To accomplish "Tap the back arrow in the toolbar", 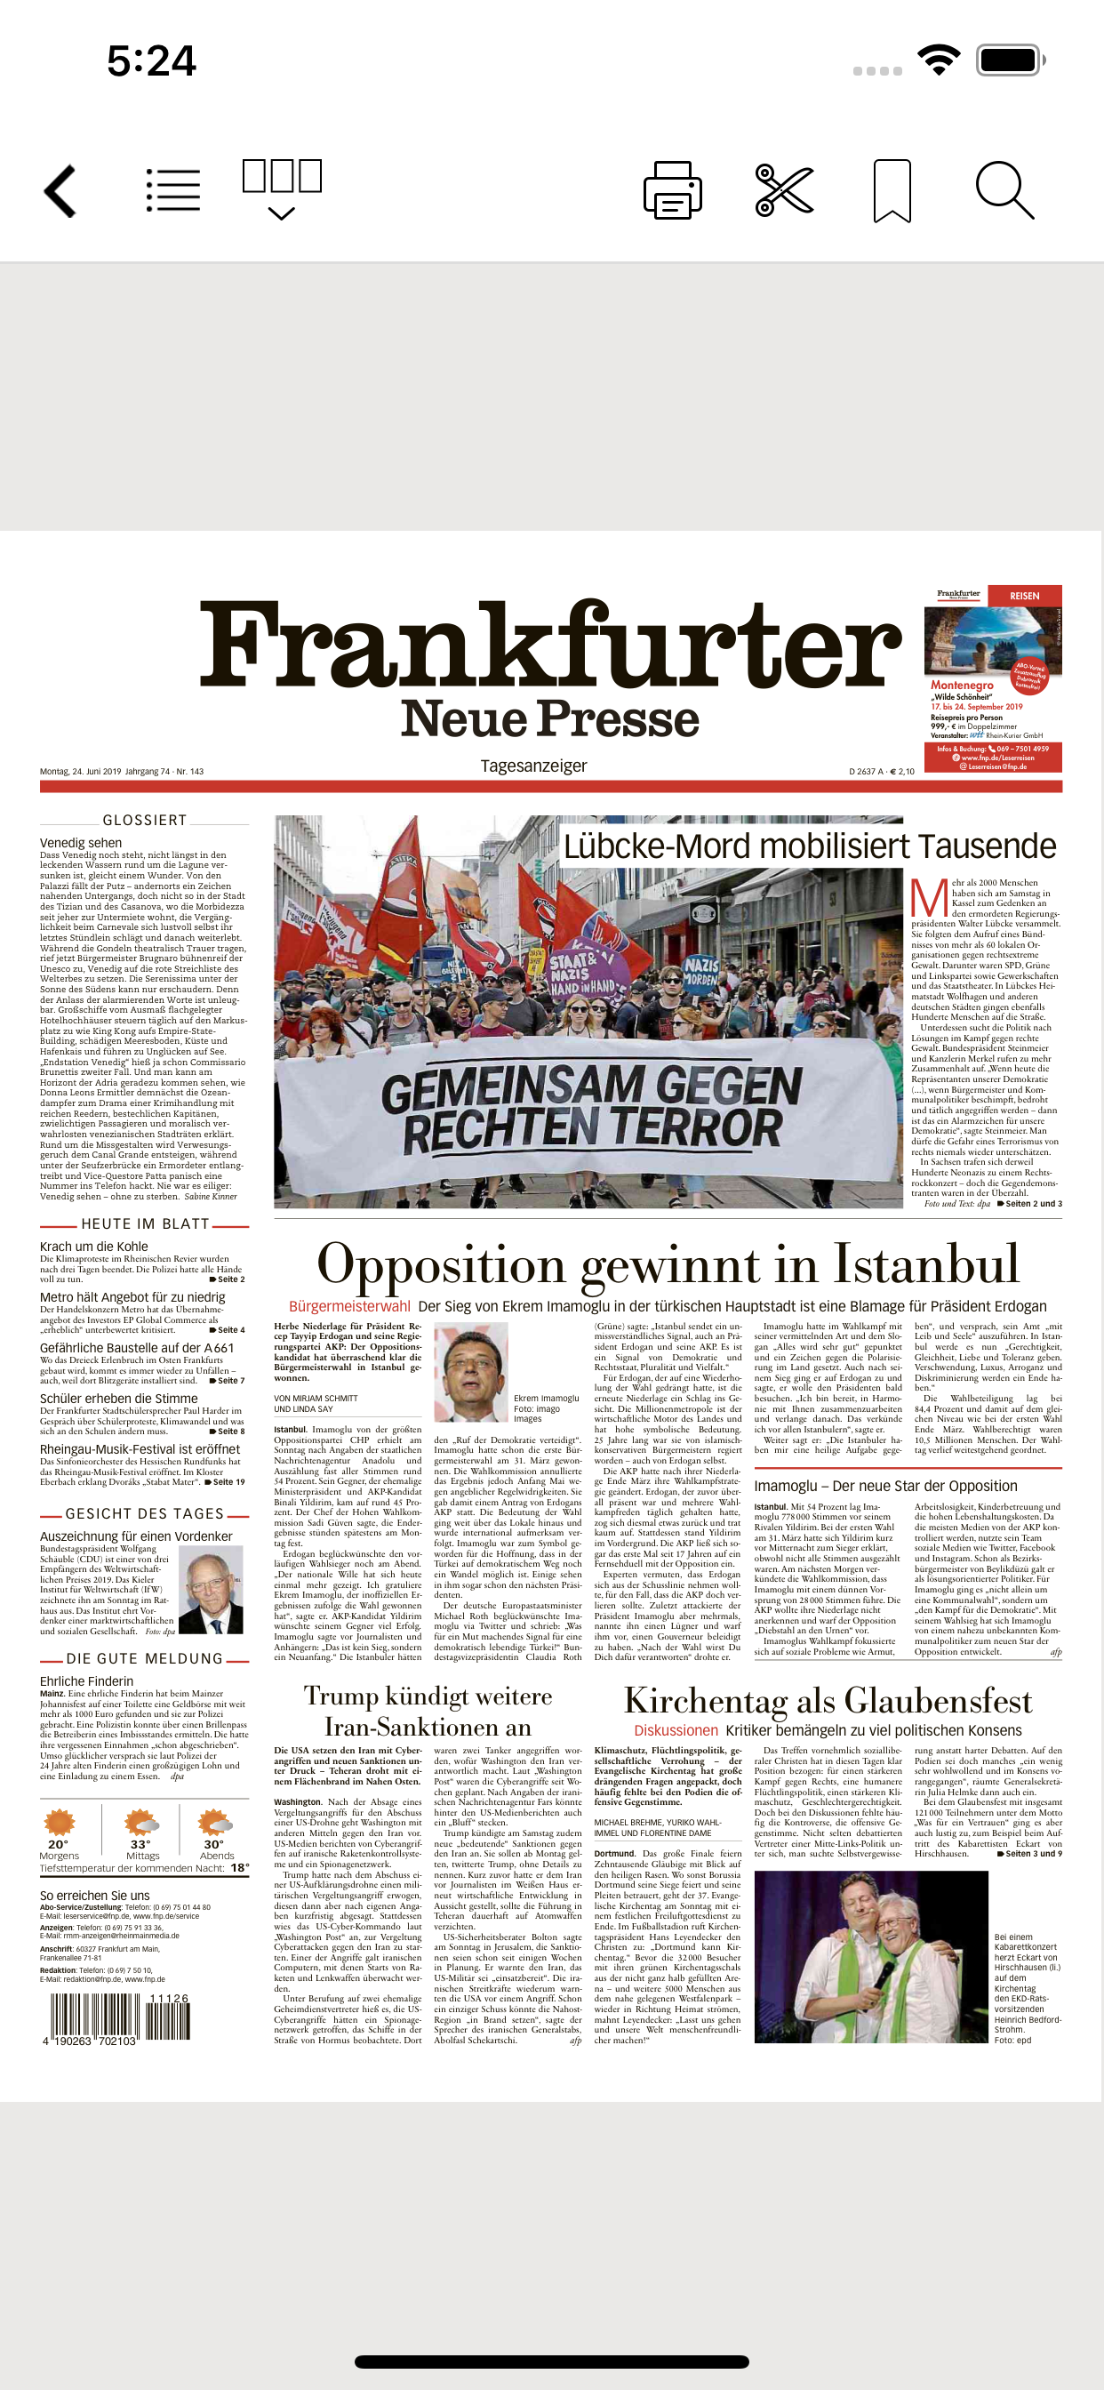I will click(60, 191).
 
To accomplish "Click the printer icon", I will click(673, 190).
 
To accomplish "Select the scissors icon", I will click(784, 190).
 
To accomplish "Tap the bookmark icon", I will click(892, 190).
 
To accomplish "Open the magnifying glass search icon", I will click(1004, 190).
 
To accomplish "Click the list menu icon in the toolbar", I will click(173, 190).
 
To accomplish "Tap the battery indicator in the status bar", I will click(1010, 60).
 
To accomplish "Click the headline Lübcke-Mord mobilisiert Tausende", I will click(810, 846).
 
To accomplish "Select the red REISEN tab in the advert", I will click(1024, 596).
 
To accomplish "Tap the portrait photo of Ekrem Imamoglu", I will click(470, 1371).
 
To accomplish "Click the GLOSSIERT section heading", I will click(145, 820).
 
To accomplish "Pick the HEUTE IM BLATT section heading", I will click(145, 1223).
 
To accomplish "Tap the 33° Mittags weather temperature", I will click(141, 1844).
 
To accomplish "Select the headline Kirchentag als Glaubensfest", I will click(828, 1701).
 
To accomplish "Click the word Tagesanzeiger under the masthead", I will click(533, 766).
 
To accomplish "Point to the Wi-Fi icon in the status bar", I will click(938, 60).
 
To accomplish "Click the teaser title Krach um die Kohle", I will click(93, 1247).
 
